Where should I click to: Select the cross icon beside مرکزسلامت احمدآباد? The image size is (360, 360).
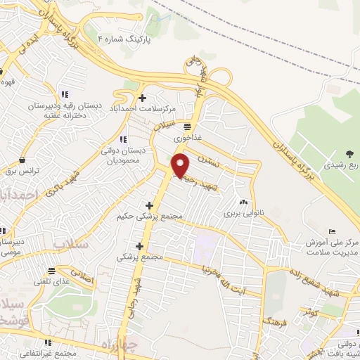point(143,98)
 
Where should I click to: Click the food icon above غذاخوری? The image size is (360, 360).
point(186,127)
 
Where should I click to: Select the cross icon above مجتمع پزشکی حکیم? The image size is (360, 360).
point(150,205)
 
